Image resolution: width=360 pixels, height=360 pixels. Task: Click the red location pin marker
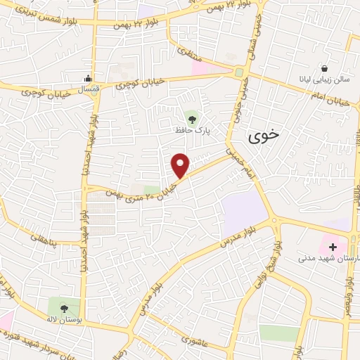pos(181,165)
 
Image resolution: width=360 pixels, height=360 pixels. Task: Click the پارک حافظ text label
pos(193,130)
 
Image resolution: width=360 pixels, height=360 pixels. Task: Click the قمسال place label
pos(88,89)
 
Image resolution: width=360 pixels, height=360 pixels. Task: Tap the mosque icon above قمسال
pos(88,77)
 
